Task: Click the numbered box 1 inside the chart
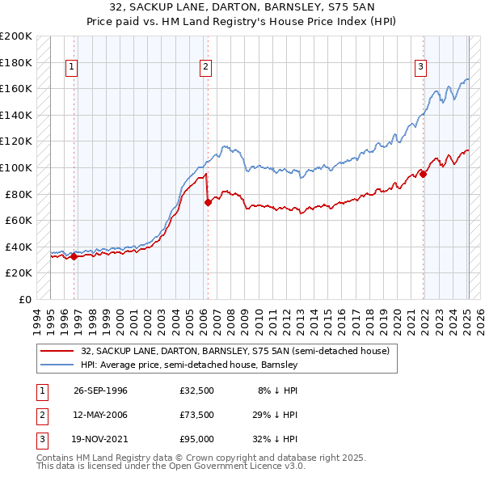coord(72,67)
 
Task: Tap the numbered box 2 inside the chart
coord(206,67)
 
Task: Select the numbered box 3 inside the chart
coord(421,67)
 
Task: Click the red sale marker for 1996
coord(74,257)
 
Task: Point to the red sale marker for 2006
coord(208,203)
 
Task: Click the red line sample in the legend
coord(57,351)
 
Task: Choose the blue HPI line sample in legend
coord(57,365)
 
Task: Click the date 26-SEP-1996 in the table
coord(100,390)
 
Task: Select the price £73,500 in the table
coord(197,415)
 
